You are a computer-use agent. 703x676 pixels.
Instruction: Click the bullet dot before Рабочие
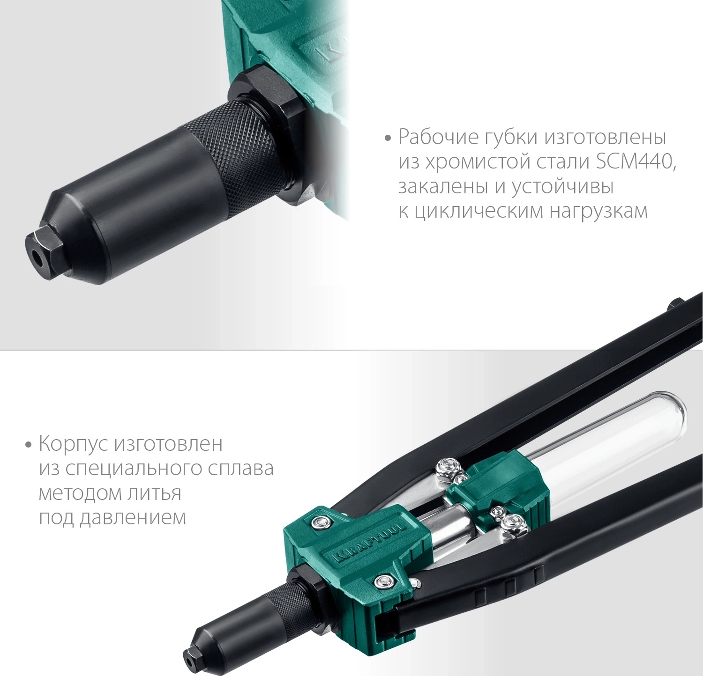click(387, 139)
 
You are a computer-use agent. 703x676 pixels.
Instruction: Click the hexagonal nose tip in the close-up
click(45, 253)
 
